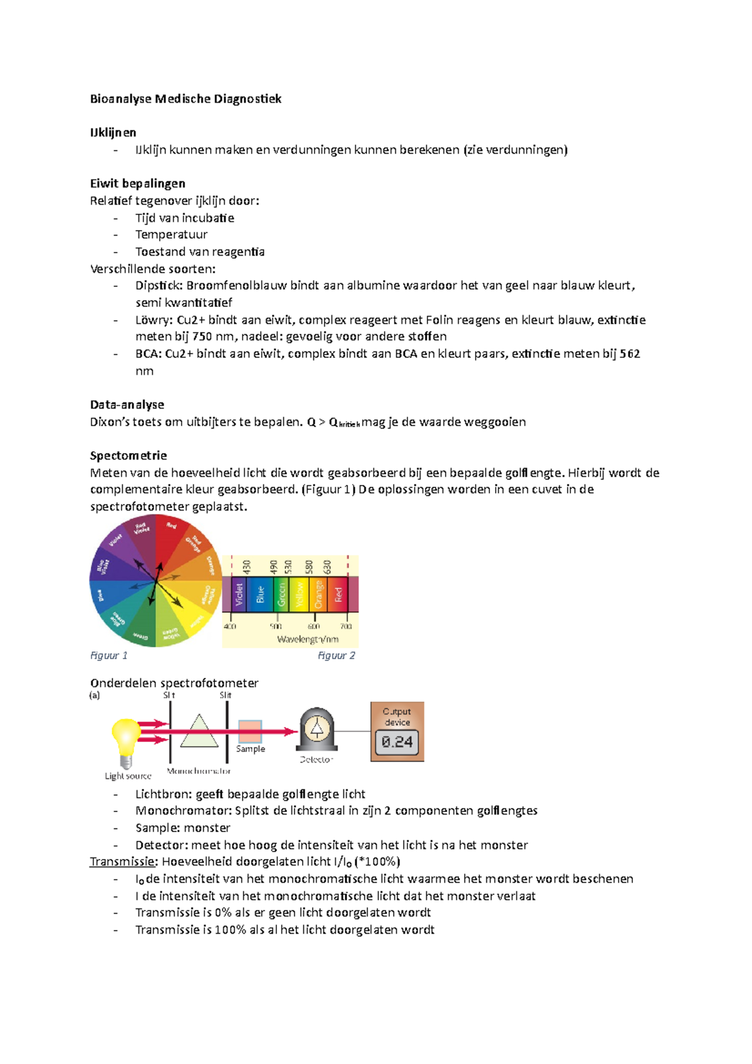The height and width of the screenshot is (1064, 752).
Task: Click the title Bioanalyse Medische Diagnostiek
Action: tap(185, 98)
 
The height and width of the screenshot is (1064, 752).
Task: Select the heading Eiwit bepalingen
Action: tap(137, 183)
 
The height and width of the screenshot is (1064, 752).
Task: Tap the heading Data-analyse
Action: tap(127, 404)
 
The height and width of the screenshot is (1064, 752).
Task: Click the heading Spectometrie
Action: tap(128, 455)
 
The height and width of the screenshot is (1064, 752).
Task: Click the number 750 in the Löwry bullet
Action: tap(202, 336)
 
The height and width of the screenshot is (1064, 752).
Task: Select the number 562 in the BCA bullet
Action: tap(629, 353)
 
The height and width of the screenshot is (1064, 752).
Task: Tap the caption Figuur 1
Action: tap(108, 655)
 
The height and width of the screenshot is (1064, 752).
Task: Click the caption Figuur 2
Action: tap(336, 655)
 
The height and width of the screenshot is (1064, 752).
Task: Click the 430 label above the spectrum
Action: tap(246, 567)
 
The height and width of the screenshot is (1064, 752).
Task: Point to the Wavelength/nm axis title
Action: tap(308, 639)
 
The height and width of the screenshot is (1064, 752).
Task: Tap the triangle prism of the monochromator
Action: tap(199, 732)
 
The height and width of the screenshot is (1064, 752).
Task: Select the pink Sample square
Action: tap(250, 731)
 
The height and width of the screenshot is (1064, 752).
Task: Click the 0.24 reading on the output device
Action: tap(397, 742)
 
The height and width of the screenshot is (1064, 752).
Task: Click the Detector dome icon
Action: tap(317, 729)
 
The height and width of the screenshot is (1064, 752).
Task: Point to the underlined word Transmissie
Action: tap(122, 862)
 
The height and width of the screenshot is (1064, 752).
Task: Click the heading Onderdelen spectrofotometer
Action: tap(174, 682)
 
